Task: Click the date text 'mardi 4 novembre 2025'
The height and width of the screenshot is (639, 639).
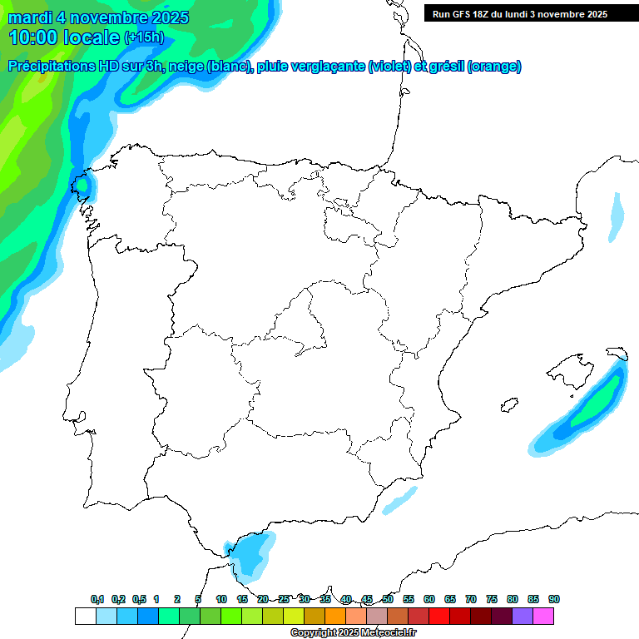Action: pyautogui.click(x=98, y=17)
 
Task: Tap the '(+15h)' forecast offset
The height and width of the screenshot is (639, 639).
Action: pyautogui.click(x=144, y=37)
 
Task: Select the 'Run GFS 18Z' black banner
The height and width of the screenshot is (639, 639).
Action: pyautogui.click(x=519, y=14)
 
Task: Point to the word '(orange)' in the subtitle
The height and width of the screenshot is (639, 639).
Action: pyautogui.click(x=494, y=67)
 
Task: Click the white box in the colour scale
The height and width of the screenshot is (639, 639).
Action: pyautogui.click(x=85, y=617)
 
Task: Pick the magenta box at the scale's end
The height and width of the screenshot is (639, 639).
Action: pyautogui.click(x=543, y=617)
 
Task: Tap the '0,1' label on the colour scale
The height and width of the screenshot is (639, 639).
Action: pyautogui.click(x=97, y=599)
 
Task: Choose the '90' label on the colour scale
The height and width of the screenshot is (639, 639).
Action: pyautogui.click(x=554, y=599)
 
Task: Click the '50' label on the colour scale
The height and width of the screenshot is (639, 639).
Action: pyautogui.click(x=388, y=599)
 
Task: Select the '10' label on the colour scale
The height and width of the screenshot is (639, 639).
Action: pyautogui.click(x=221, y=599)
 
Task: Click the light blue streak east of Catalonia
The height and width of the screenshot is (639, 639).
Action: pyautogui.click(x=616, y=216)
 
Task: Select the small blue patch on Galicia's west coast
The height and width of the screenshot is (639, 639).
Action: pyautogui.click(x=83, y=185)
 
